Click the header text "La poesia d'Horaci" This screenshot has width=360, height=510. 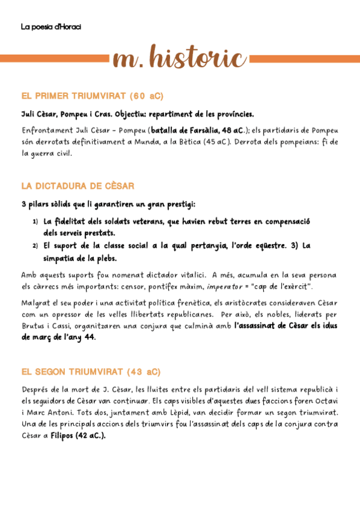point(51,26)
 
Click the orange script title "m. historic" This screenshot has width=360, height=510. point(179,58)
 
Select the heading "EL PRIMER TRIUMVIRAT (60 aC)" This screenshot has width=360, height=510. point(92,96)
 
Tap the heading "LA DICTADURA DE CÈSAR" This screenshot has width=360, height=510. point(78,186)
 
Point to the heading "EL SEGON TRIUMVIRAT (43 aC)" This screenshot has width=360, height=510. point(91,372)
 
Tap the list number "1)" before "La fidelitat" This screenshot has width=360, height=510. point(35,222)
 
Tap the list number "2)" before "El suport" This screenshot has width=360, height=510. point(35,246)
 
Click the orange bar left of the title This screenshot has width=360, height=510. point(54,58)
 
